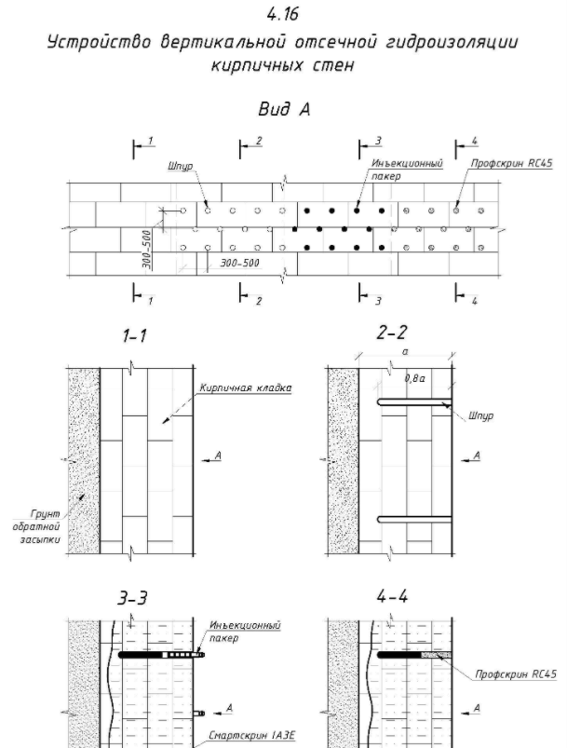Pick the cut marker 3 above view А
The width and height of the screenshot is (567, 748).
378,142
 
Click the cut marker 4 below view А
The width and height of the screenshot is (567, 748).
474,302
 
